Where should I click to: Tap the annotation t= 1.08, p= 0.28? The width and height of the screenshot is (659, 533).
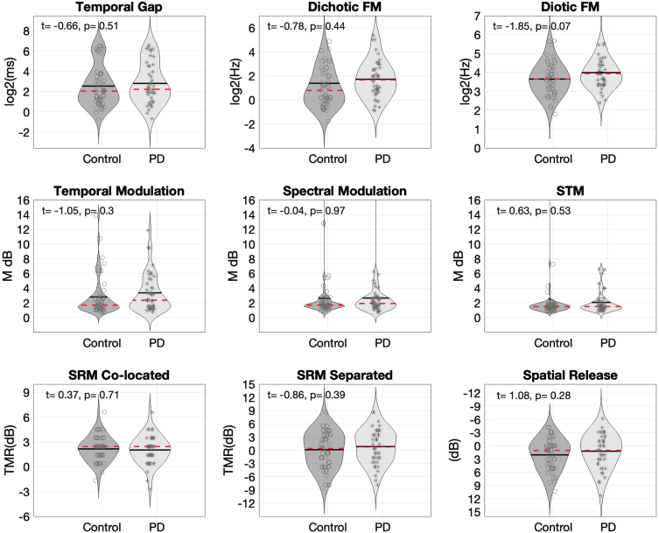538,396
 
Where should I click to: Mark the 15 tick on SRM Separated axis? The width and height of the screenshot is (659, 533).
248,385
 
